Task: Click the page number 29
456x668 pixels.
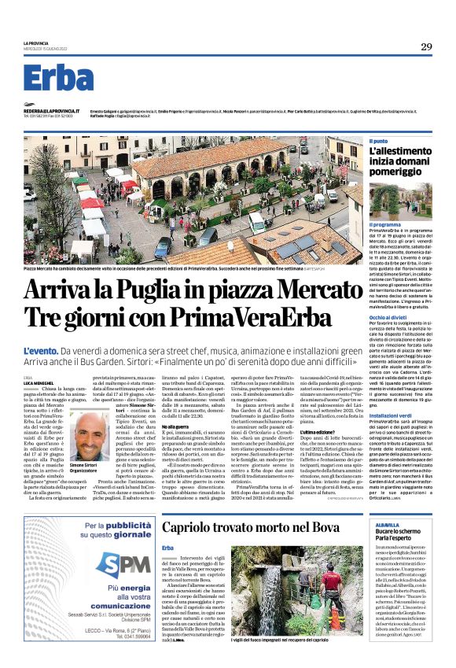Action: coord(426,47)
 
